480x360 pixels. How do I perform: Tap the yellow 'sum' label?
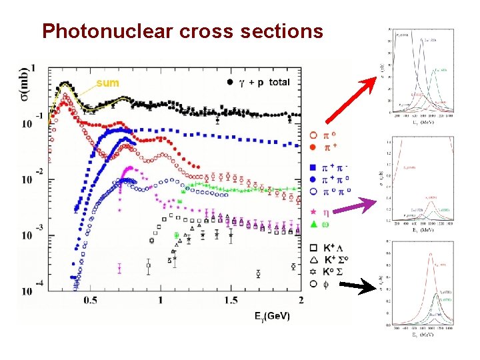click(108, 83)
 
